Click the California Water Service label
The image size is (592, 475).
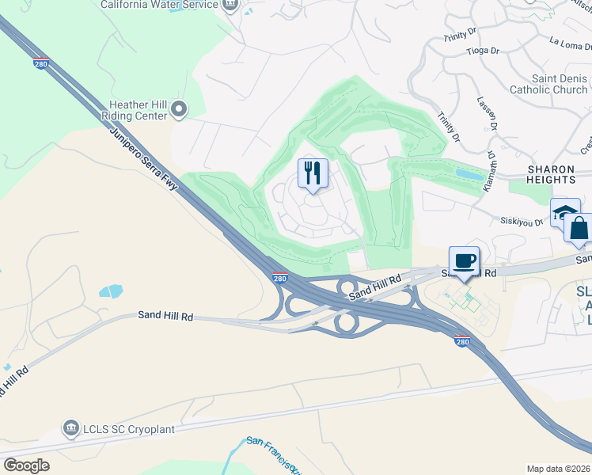pyautogui.click(x=159, y=5)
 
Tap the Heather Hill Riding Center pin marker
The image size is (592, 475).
pyautogui.click(x=178, y=108)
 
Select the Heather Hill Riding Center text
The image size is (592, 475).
pyautogui.click(x=139, y=110)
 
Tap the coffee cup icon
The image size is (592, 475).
pyautogui.click(x=464, y=260)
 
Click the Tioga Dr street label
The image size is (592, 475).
pyautogui.click(x=483, y=51)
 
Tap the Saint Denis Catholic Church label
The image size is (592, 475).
pyautogui.click(x=548, y=85)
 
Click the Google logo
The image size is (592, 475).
pyautogui.click(x=26, y=465)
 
